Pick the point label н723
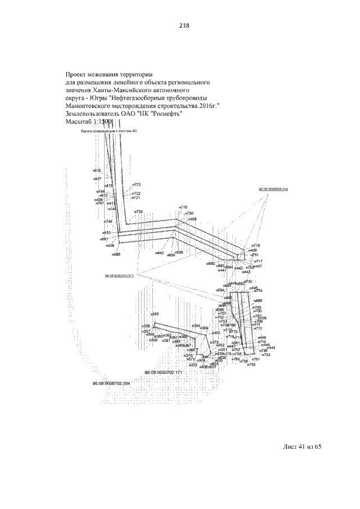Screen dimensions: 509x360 (136, 184)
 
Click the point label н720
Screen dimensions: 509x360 (138, 211)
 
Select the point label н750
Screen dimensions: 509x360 (190, 213)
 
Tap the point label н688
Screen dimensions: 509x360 (116, 255)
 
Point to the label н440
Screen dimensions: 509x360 (160, 253)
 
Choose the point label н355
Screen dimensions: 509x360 (155, 314)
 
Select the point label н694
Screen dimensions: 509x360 (220, 290)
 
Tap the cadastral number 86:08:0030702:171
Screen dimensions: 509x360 (164, 373)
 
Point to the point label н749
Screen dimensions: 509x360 (109, 222)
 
